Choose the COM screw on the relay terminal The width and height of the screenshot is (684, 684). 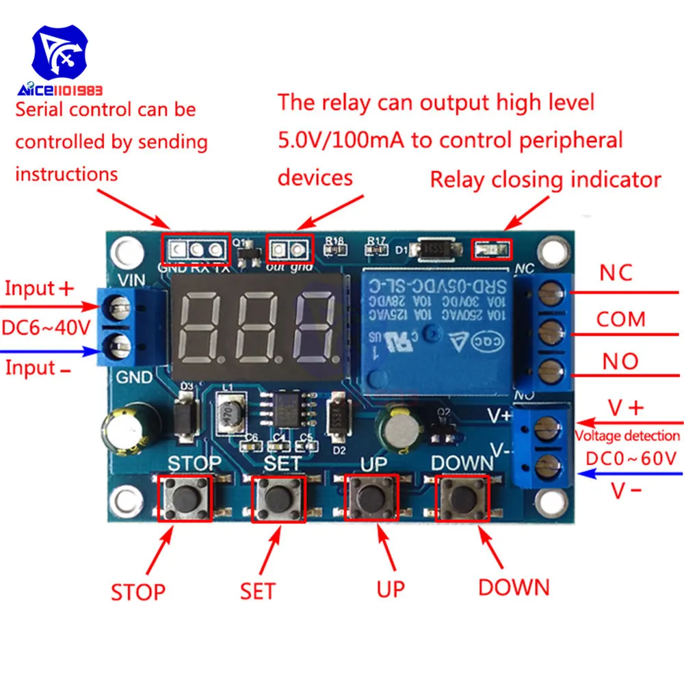(548, 332)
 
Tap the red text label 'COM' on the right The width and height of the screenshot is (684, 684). (620, 319)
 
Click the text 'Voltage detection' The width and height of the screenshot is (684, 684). (627, 436)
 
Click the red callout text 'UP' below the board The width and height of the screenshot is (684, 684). (391, 588)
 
